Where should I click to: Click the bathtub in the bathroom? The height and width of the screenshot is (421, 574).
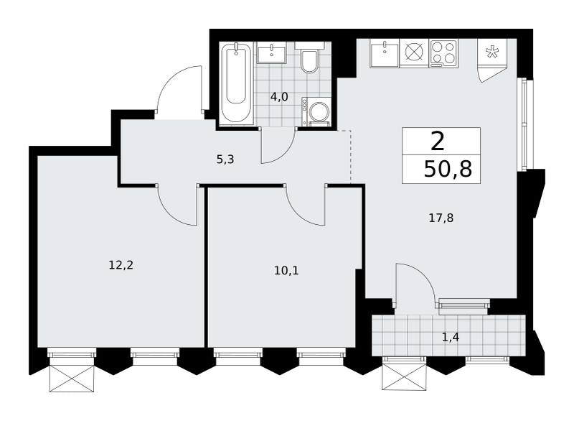236,82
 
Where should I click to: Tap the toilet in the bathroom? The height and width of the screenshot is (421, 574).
309,58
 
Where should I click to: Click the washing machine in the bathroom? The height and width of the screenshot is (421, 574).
316,111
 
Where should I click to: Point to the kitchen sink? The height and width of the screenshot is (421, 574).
385,53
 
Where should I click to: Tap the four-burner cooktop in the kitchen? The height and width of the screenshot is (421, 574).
443,53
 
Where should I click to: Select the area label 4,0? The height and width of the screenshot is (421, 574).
279,97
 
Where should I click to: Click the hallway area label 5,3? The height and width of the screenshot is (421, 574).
225,159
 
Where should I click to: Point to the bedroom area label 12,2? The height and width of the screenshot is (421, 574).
121,265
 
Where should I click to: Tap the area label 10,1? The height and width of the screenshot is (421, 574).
286,271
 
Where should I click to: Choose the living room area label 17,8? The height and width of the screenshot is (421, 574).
441,218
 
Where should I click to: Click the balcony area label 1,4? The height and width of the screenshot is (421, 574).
451,337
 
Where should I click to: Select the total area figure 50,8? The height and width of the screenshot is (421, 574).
448,169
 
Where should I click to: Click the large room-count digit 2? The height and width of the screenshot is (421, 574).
438,142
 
